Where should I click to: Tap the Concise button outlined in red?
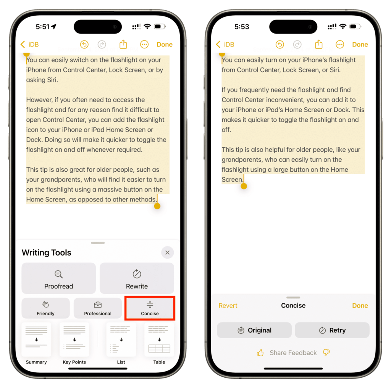pyautogui.click(x=150, y=308)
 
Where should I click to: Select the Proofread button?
pyautogui.click(x=58, y=278)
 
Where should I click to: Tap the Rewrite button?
pyautogui.click(x=137, y=278)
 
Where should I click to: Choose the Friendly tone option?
pyautogui.click(x=46, y=308)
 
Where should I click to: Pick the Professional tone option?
pyautogui.click(x=98, y=308)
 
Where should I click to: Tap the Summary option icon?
pyautogui.click(x=36, y=340)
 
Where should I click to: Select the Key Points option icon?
pyautogui.click(x=74, y=340)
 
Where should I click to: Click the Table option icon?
pyautogui.click(x=159, y=340)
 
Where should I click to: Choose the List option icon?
pyautogui.click(x=121, y=340)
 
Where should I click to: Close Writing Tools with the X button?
pyautogui.click(x=167, y=253)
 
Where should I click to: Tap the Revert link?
pyautogui.click(x=228, y=306)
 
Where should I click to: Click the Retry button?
pyautogui.click(x=332, y=330)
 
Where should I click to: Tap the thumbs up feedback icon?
pyautogui.click(x=260, y=353)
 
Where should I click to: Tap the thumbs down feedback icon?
pyautogui.click(x=326, y=353)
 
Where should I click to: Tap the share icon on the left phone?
pyautogui.click(x=123, y=44)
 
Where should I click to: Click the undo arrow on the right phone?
pyautogui.click(x=280, y=44)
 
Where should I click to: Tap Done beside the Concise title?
pyautogui.click(x=360, y=306)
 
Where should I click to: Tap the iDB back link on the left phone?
pyautogui.click(x=30, y=44)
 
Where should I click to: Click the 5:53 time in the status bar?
pyautogui.click(x=242, y=27)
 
